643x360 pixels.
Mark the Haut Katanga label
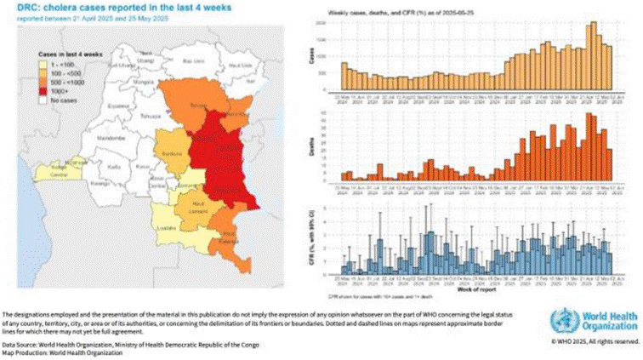[x=228, y=238]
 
